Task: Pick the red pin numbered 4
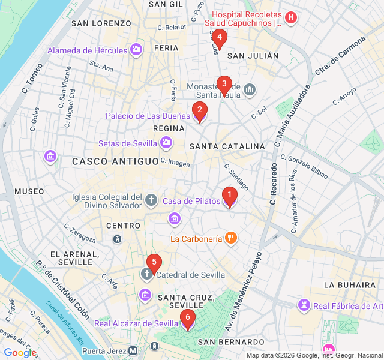click(x=219, y=38)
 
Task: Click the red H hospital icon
click(x=291, y=17)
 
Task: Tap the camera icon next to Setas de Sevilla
click(x=166, y=143)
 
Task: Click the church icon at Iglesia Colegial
click(x=152, y=199)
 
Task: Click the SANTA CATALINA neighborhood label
click(x=227, y=146)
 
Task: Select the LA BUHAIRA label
click(x=349, y=284)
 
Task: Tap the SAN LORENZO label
click(x=101, y=23)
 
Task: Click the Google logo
click(x=20, y=353)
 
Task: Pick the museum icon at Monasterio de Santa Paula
click(x=249, y=91)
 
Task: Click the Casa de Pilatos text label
click(x=191, y=202)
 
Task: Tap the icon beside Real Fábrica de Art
click(x=305, y=306)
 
